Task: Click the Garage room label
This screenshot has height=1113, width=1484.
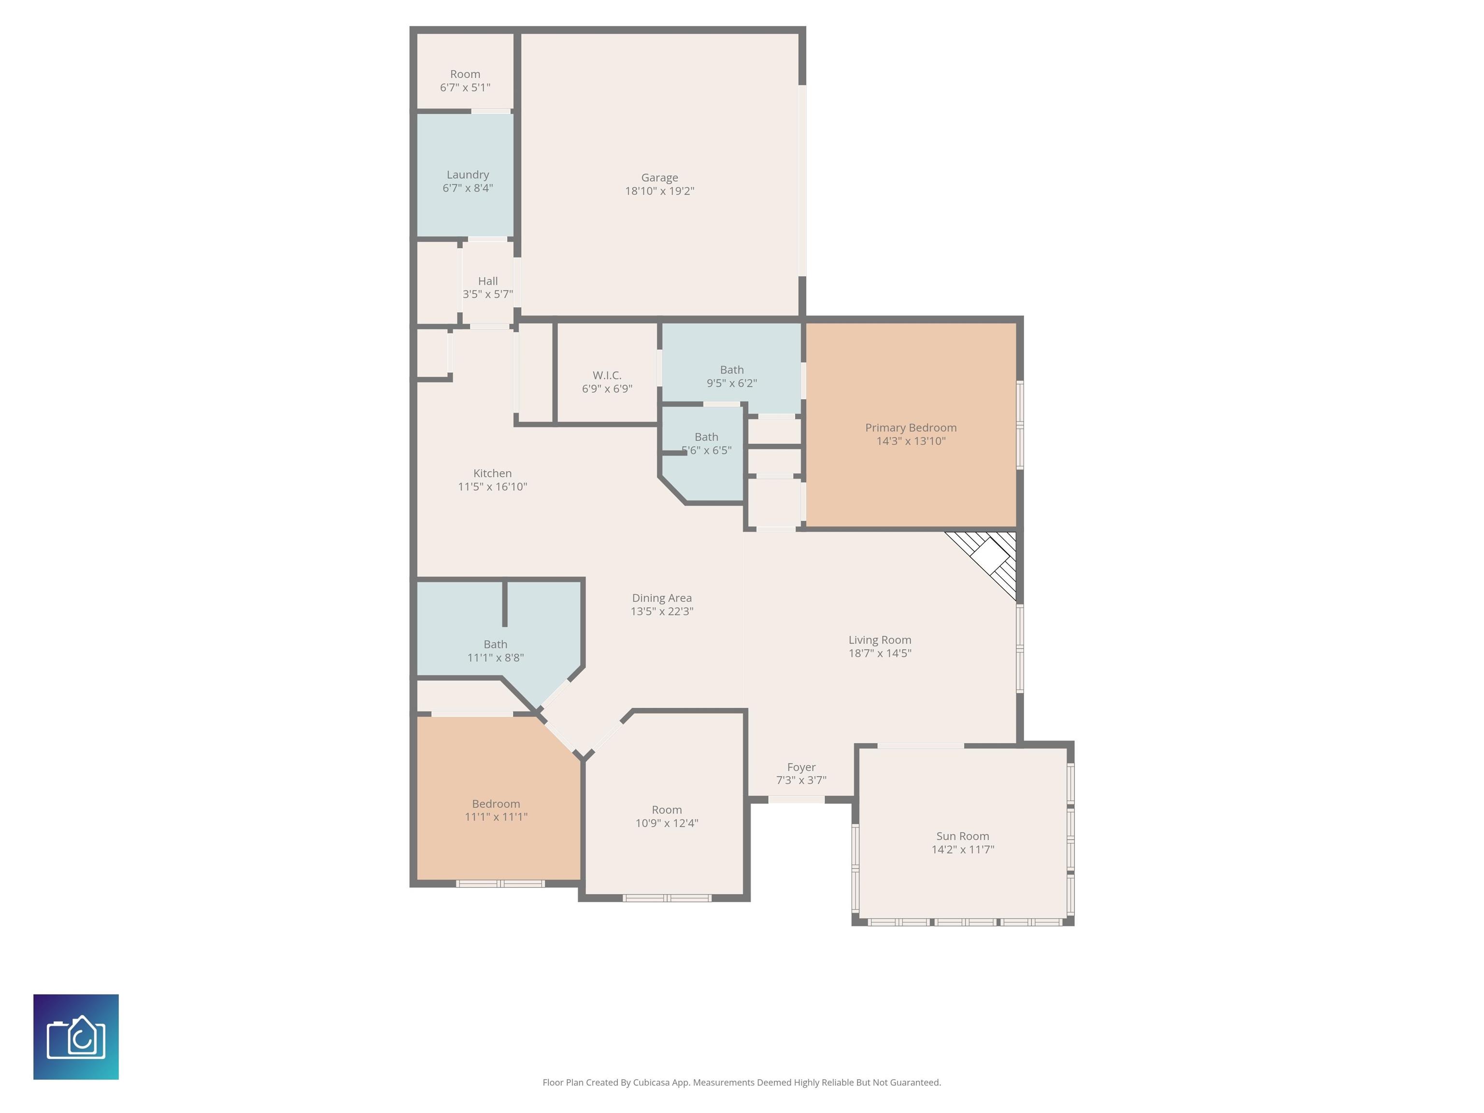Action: (659, 178)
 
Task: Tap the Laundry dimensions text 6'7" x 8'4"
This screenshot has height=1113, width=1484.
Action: (468, 188)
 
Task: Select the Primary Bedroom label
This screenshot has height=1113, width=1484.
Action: (911, 428)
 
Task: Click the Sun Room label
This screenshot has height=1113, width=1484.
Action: (963, 836)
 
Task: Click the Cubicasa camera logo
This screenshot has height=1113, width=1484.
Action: (76, 1037)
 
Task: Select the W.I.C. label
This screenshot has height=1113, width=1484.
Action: (606, 375)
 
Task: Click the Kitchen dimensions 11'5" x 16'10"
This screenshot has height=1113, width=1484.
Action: (492, 486)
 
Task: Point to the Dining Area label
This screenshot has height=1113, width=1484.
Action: (661, 598)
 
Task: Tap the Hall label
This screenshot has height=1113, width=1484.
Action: (488, 281)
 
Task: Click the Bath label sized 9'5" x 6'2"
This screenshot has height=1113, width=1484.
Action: (732, 370)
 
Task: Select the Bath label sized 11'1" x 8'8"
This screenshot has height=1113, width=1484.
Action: (495, 644)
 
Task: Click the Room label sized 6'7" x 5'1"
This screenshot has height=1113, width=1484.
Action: (465, 74)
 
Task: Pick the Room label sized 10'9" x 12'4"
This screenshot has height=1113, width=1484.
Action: (667, 810)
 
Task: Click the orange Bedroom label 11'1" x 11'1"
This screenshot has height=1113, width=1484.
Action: (496, 804)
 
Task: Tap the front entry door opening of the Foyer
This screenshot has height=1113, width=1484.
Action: (796, 799)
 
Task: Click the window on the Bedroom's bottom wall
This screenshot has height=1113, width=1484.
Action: (500, 884)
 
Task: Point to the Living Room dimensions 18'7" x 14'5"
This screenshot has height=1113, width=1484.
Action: (880, 653)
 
